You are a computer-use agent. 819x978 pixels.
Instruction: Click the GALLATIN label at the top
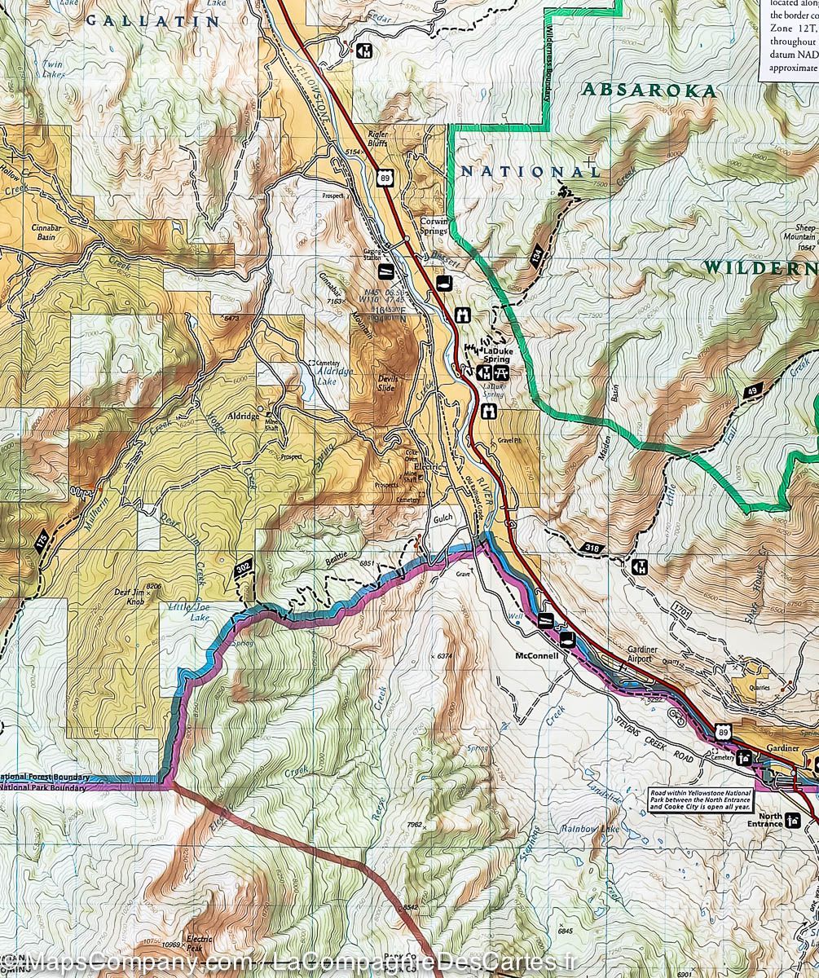point(153,21)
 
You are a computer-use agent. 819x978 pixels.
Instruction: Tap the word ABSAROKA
point(649,90)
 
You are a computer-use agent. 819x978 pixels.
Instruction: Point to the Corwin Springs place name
point(434,226)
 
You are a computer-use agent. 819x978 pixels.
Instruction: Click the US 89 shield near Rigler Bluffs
point(383,177)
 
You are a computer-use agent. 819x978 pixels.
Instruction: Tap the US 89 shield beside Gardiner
point(724,733)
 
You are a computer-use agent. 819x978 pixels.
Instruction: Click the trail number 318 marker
point(594,548)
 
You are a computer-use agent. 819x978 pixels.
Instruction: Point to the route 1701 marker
point(683,609)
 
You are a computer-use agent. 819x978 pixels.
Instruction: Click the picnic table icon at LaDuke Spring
point(501,372)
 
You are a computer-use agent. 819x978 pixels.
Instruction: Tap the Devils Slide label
point(385,383)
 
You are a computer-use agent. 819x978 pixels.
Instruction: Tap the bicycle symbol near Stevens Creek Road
point(676,714)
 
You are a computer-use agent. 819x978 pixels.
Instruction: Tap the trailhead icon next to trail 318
point(639,566)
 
